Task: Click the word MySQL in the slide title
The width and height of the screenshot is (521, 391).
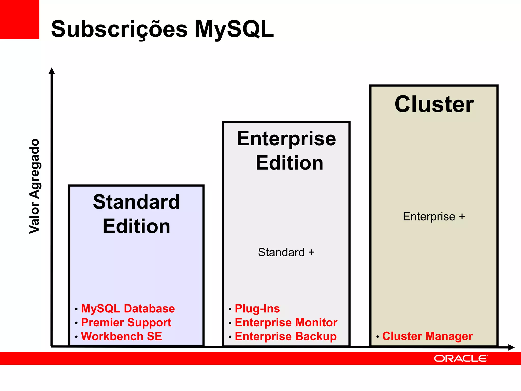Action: coord(234,29)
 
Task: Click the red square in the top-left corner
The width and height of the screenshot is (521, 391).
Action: coord(19,19)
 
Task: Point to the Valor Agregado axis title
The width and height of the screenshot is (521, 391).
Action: coord(35,186)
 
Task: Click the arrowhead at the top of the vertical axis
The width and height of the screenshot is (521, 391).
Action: coord(52,71)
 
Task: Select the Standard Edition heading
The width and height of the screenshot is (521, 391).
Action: coord(136,214)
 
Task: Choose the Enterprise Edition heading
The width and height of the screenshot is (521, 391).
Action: coord(286,150)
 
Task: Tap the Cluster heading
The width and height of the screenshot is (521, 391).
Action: coord(434,104)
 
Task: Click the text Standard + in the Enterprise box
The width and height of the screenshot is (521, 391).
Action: coord(286,252)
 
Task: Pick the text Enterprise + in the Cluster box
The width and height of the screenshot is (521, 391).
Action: coord(434,217)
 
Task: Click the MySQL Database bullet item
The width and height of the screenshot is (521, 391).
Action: coord(128,309)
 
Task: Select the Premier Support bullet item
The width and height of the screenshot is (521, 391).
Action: coord(126,323)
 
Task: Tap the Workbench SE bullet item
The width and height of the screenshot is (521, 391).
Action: coord(122,336)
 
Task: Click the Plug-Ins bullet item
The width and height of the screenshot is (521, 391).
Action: coord(257,309)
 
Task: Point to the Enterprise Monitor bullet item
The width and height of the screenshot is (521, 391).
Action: coord(286,323)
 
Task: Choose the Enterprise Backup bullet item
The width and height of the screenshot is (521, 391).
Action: coord(286,336)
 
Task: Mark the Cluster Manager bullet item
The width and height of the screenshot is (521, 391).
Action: coord(427,336)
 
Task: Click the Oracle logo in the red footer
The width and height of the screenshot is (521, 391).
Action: coord(461,358)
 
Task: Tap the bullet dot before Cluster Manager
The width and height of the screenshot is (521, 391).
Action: coord(378,337)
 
